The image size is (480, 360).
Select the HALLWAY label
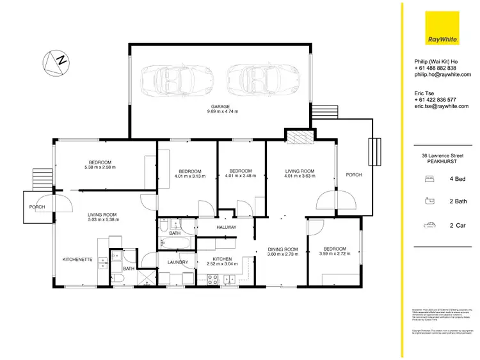226,227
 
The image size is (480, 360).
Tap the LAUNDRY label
177,262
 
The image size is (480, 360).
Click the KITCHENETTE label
77,259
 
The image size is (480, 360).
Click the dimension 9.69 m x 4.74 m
222,111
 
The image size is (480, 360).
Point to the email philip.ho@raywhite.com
442,74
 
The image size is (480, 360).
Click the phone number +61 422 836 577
435,100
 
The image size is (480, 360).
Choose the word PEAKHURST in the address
442,161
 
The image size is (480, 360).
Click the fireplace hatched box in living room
298,136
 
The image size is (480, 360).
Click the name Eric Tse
425,93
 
